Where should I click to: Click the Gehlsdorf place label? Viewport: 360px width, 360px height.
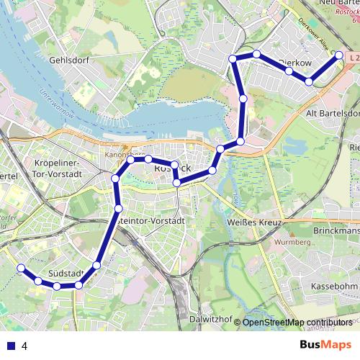67,60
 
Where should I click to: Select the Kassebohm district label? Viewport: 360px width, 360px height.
333,287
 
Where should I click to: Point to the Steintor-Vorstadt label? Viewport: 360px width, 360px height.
153,221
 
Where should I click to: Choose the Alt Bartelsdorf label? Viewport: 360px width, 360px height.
332,114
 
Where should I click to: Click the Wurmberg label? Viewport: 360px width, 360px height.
292,243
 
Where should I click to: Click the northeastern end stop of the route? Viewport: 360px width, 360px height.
339,55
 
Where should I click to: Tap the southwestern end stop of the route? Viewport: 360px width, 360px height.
21,268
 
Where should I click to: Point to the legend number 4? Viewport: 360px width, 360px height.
24,346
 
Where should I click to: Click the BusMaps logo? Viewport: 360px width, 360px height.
325,345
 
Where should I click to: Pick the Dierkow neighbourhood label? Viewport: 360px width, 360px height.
295,63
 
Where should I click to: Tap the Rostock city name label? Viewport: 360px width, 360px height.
174,168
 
